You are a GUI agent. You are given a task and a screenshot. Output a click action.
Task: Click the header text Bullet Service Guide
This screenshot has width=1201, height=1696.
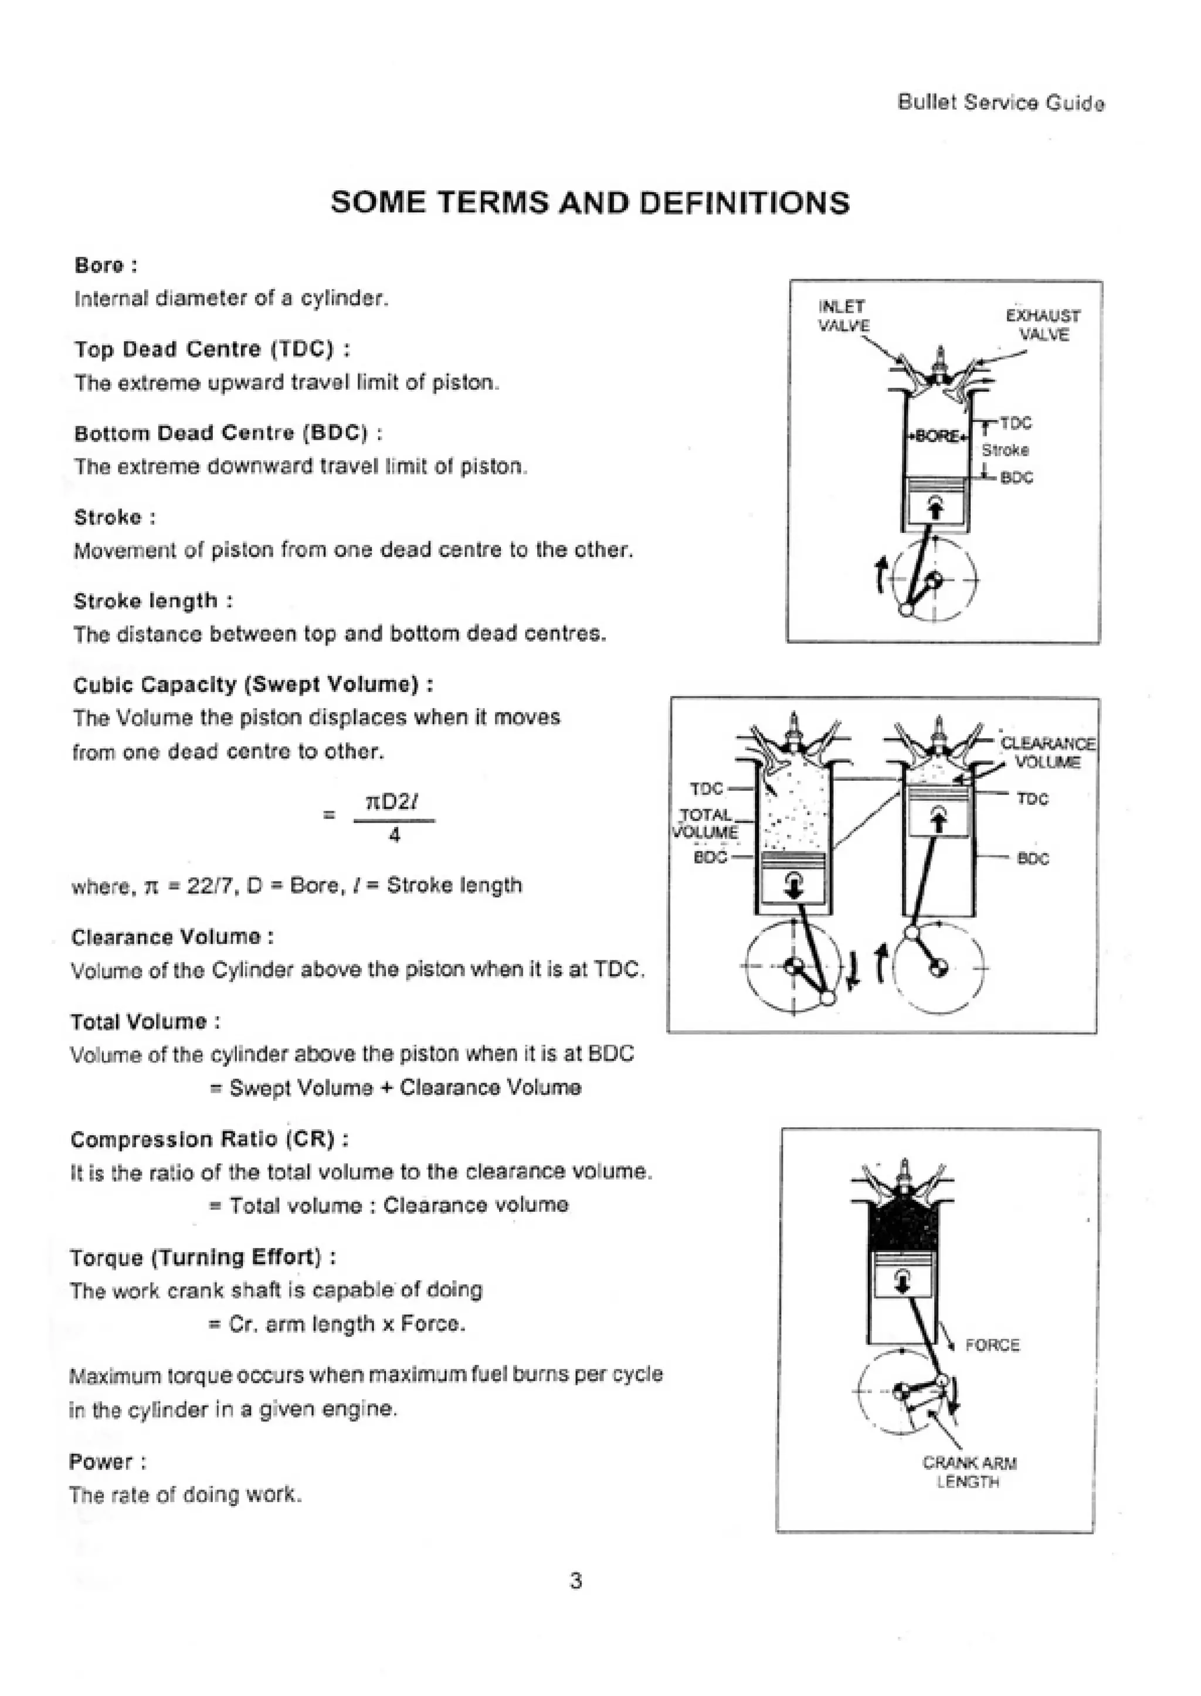point(1000,103)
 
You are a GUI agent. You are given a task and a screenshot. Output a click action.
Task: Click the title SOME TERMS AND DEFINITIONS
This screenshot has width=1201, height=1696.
point(590,203)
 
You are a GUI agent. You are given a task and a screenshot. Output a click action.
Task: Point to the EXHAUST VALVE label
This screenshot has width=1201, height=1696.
point(1043,325)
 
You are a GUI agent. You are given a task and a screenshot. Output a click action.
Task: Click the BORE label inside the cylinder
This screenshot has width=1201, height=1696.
point(938,436)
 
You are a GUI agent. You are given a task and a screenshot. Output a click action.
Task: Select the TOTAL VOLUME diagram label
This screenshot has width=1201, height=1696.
point(706,824)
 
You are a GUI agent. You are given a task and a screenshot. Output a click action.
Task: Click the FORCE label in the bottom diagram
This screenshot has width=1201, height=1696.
point(992,1345)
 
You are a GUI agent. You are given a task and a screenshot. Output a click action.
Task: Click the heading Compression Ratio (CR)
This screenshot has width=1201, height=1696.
point(209,1139)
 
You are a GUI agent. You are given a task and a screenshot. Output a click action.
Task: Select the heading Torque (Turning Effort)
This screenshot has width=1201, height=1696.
point(203,1257)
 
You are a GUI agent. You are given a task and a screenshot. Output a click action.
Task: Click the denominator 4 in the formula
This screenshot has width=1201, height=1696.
point(394,835)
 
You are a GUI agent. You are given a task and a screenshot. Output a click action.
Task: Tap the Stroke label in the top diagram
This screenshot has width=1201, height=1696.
point(1005,450)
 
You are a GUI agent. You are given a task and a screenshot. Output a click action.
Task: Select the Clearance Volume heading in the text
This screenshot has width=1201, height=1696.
point(172,937)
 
